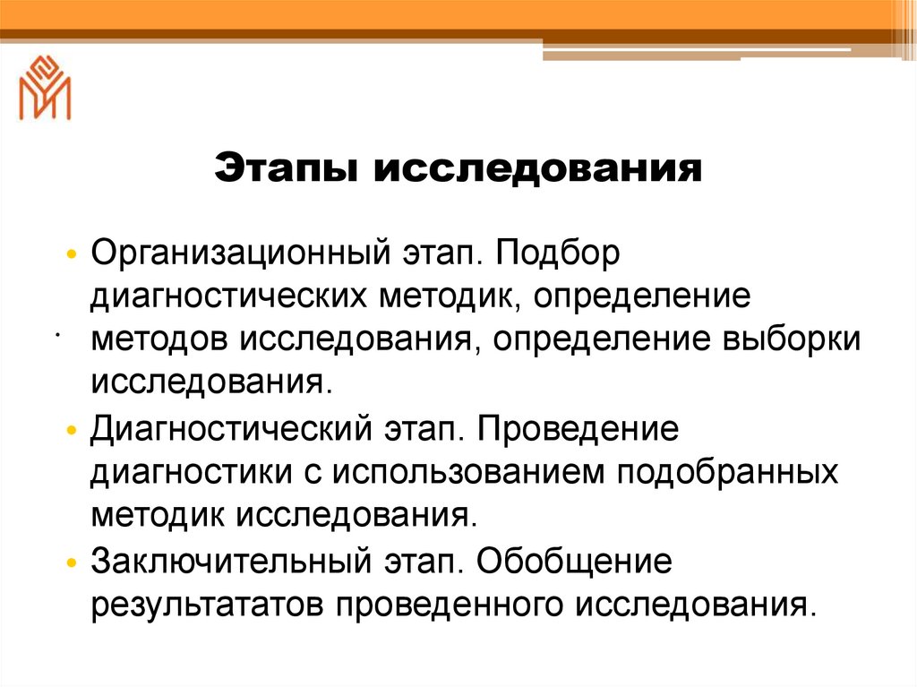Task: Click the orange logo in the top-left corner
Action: (45, 88)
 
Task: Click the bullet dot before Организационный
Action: (73, 253)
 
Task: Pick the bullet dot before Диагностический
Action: (73, 429)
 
